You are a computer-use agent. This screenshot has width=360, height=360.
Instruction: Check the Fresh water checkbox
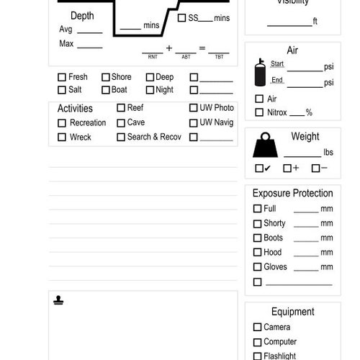[62, 77]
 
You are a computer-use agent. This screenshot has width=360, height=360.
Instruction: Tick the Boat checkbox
[105, 90]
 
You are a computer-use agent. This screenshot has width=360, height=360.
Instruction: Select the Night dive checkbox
[150, 90]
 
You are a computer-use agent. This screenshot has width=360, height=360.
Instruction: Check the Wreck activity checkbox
[62, 137]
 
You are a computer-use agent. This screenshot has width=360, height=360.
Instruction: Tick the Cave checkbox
[121, 122]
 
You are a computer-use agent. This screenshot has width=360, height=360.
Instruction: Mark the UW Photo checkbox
[194, 108]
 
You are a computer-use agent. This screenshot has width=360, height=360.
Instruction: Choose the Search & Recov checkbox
[121, 137]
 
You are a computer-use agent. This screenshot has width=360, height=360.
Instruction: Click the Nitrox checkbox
[259, 112]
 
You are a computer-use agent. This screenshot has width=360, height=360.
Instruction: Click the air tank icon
[259, 73]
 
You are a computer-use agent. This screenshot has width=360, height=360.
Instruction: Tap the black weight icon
[266, 146]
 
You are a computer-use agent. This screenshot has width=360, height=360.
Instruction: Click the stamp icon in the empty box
[58, 300]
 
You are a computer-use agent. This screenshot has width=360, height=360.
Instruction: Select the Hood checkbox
[257, 253]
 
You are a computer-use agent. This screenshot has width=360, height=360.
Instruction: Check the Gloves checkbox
[257, 267]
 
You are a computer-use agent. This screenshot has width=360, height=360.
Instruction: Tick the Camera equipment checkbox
[257, 327]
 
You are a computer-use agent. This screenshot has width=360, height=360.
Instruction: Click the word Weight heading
[305, 137]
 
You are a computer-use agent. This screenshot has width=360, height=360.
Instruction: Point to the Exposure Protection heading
[292, 193]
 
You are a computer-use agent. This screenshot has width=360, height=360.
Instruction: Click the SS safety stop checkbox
[181, 17]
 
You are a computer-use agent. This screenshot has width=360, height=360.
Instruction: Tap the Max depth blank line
[89, 46]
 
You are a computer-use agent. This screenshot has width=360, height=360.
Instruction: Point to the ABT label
[186, 56]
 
